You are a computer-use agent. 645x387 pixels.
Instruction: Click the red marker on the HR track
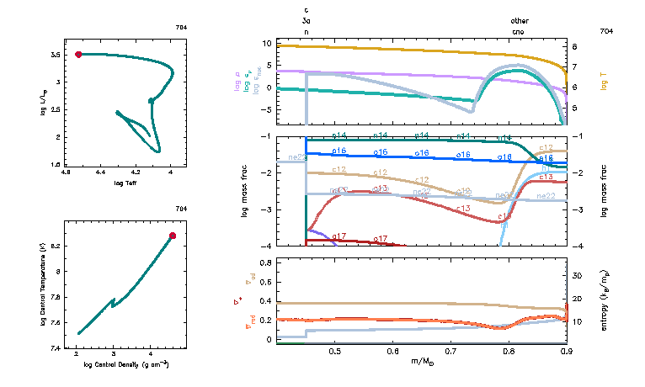click(78, 54)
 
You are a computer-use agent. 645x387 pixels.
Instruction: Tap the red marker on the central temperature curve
click(173, 236)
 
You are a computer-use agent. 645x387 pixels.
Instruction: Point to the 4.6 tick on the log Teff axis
click(66, 172)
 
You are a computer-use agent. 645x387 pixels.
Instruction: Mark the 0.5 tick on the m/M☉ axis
click(334, 352)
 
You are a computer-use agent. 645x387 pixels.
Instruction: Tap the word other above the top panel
click(520, 20)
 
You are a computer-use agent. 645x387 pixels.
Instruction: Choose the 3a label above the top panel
click(307, 20)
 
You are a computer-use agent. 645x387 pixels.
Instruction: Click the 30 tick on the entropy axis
click(577, 275)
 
